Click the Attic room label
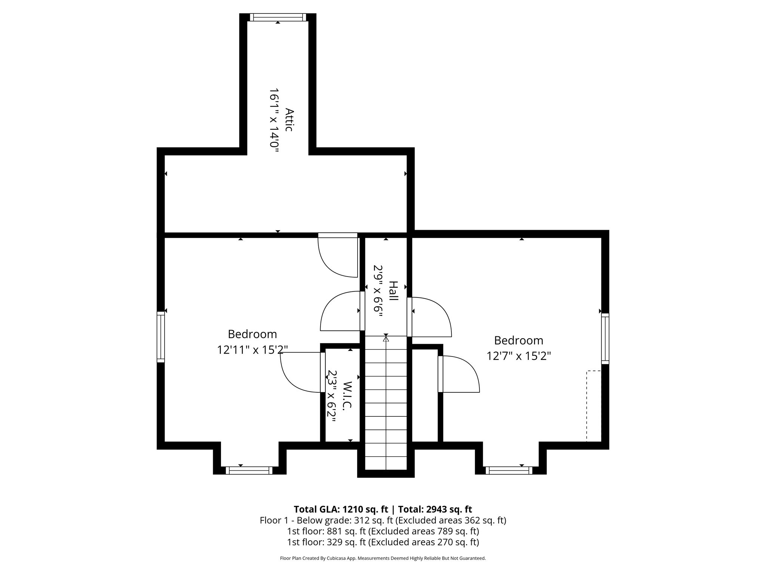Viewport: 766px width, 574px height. click(289, 120)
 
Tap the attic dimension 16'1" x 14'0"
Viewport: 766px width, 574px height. click(275, 120)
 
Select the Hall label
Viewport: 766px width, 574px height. click(393, 291)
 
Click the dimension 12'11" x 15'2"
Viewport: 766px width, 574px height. click(252, 350)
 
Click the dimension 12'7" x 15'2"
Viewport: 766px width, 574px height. click(518, 356)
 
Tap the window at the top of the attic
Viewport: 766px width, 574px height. click(278, 17)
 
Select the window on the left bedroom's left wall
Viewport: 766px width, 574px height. click(160, 337)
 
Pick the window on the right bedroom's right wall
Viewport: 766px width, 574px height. click(605, 339)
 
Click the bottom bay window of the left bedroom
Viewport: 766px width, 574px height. click(249, 470)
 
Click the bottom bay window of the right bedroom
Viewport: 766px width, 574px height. click(509, 470)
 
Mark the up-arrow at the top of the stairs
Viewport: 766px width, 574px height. click(386, 339)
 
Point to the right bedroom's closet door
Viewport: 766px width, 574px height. click(459, 374)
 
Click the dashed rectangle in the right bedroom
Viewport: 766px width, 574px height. click(594, 406)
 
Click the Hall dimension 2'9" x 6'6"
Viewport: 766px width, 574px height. click(378, 291)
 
